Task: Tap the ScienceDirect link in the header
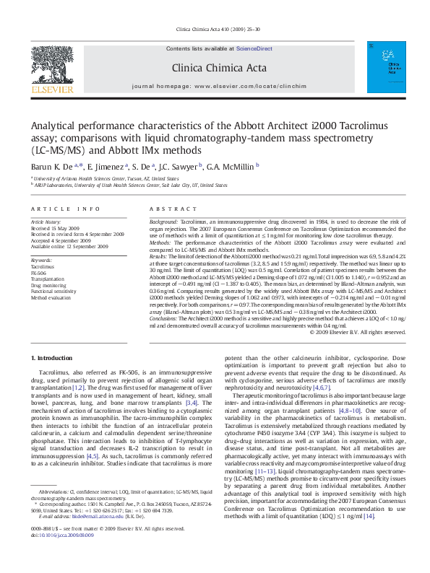[x=254, y=48]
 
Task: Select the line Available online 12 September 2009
[x=69, y=246]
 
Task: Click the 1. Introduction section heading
[x=53, y=359]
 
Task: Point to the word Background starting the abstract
[x=163, y=221]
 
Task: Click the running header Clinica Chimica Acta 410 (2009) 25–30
[x=214, y=30]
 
